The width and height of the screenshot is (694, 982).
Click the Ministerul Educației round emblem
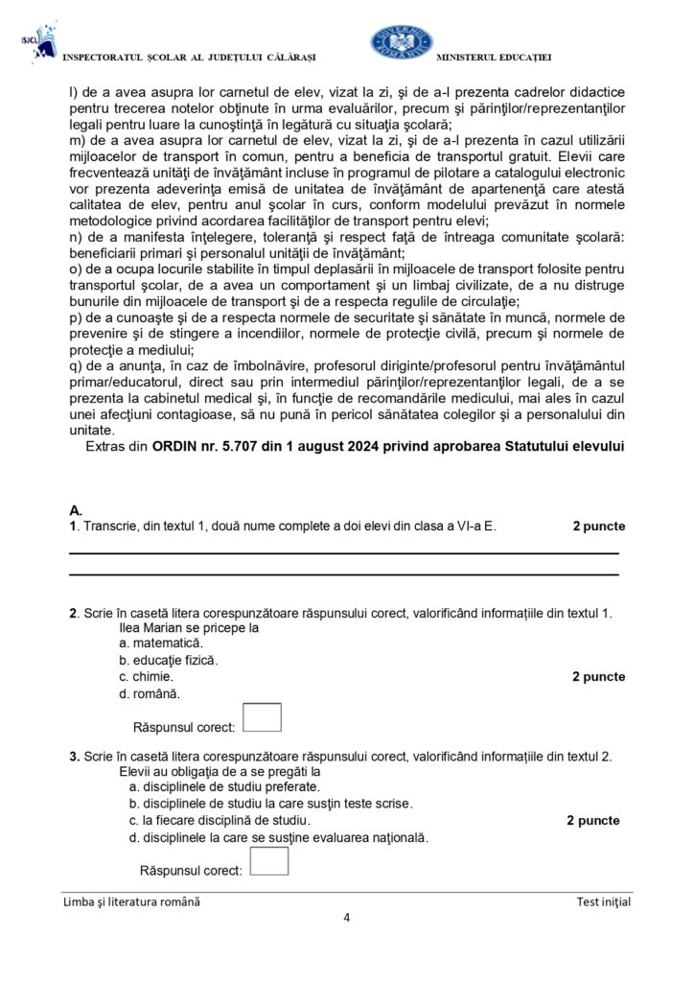402,43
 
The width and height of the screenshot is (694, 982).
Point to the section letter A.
76,509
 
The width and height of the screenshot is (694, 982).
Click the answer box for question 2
263,717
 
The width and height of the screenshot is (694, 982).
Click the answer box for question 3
269,860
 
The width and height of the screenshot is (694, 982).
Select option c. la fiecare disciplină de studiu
220,820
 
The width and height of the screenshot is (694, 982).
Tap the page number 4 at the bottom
346,918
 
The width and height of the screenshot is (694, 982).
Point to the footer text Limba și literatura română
132,901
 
